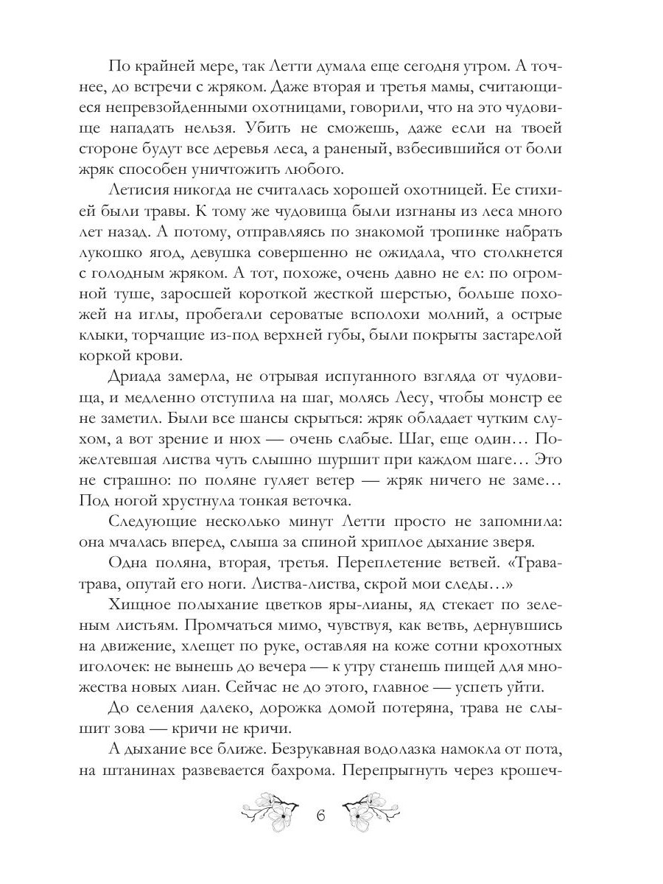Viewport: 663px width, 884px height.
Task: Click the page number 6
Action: coord(320,817)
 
